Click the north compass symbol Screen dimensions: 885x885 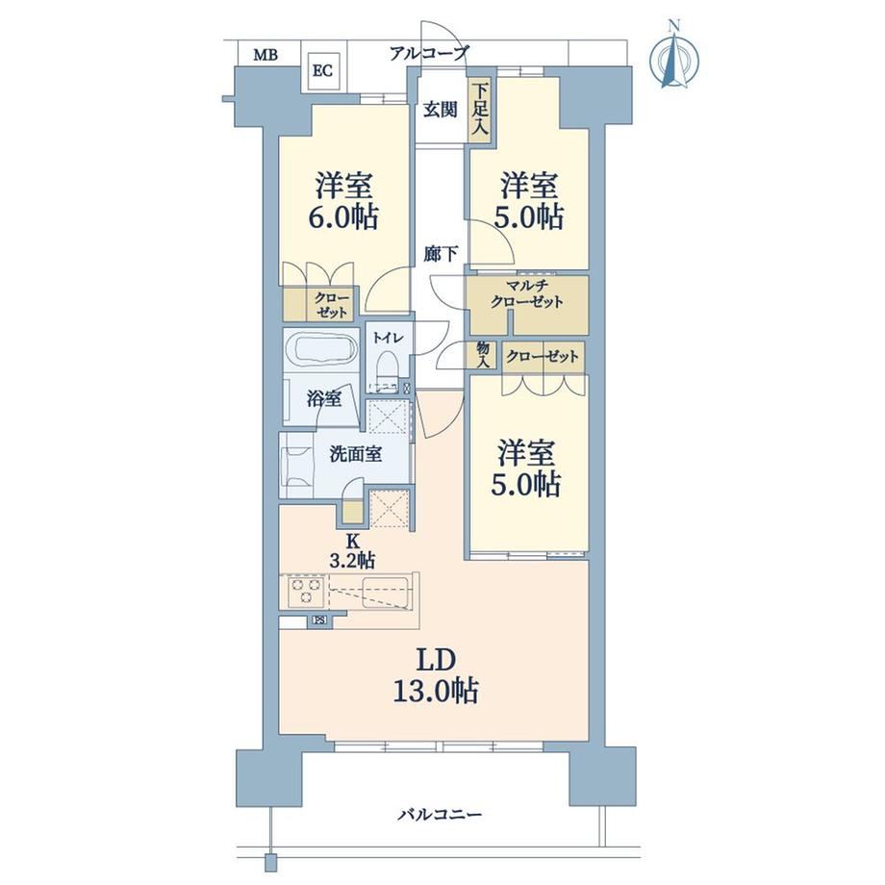[x=673, y=56]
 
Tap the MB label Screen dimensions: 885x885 [x=265, y=56]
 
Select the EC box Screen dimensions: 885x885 [x=322, y=72]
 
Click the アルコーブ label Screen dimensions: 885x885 [x=429, y=54]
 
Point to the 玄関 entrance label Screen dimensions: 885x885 [x=441, y=110]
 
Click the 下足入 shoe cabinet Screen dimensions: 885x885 [x=479, y=109]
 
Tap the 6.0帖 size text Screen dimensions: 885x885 [x=342, y=216]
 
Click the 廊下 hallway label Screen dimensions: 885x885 [x=441, y=255]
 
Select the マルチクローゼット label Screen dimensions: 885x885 [x=526, y=294]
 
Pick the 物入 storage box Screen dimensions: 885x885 [x=483, y=356]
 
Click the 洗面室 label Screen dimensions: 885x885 [x=356, y=454]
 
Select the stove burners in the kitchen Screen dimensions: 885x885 [x=305, y=591]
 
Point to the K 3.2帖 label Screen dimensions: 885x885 [x=352, y=550]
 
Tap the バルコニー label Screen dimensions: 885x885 [x=441, y=815]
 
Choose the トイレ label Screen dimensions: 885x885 [x=387, y=338]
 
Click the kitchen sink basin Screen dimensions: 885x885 [x=384, y=592]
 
